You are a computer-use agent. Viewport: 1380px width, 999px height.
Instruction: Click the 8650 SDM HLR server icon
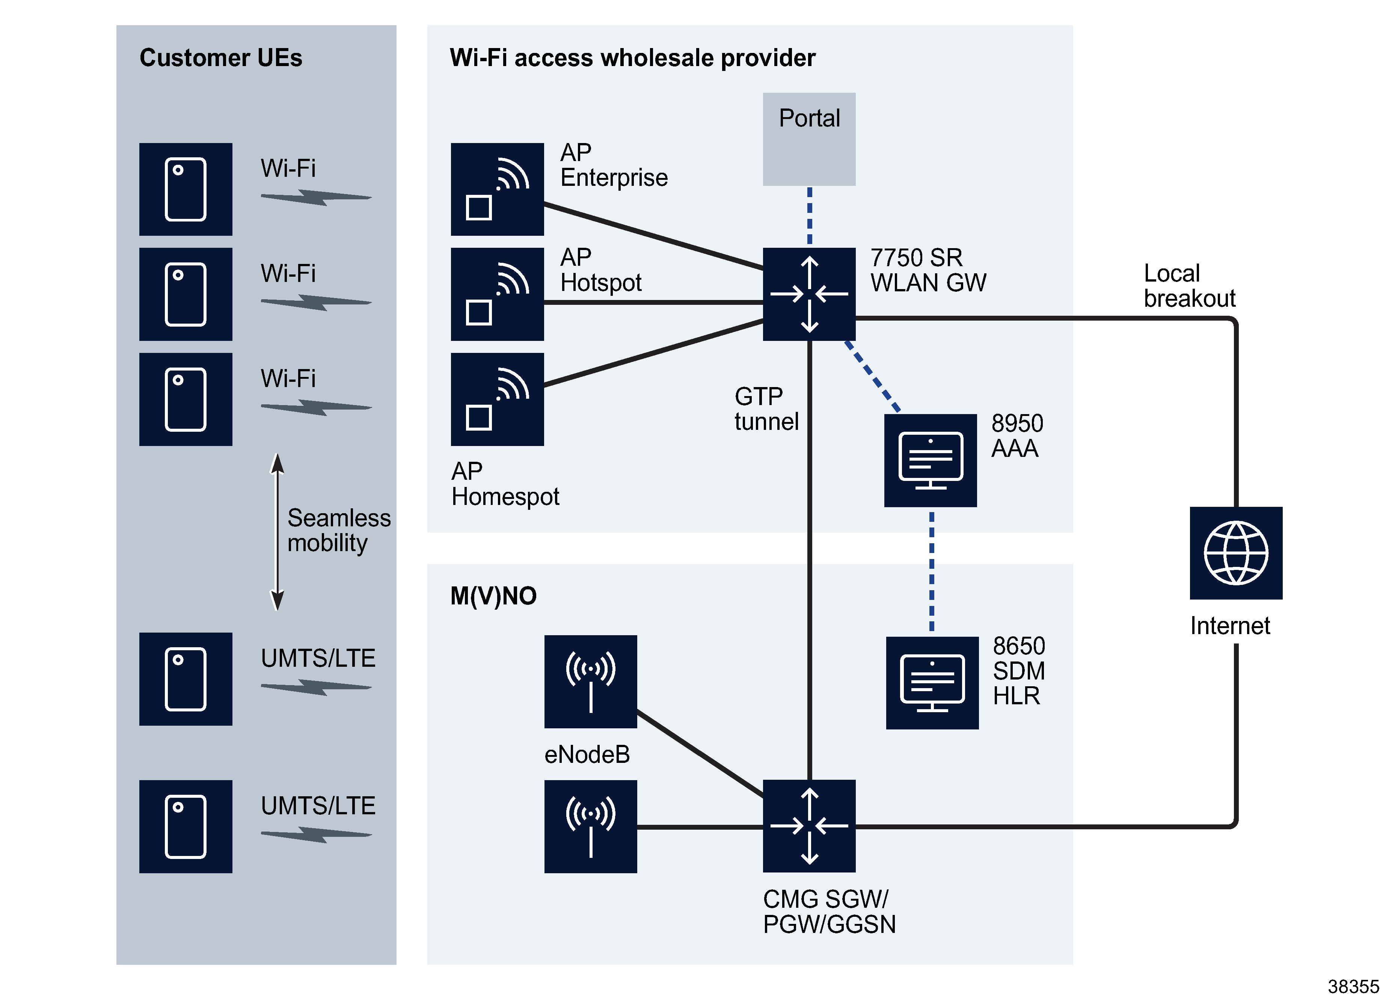click(932, 682)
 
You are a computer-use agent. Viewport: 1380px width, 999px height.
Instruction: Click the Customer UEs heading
click(220, 58)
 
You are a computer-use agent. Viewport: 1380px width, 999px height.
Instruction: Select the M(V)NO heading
click(493, 596)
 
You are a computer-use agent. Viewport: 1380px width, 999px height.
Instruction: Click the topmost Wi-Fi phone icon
click(185, 189)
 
